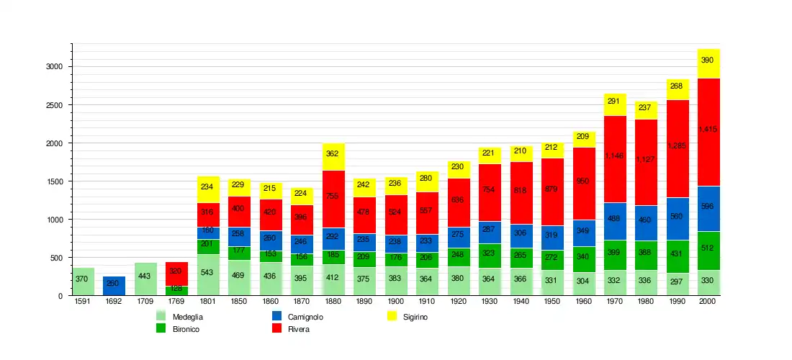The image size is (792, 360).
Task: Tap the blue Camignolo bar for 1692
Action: [x=114, y=286]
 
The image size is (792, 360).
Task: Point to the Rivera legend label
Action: [x=299, y=329]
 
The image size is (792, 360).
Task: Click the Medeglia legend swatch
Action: [x=161, y=316]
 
